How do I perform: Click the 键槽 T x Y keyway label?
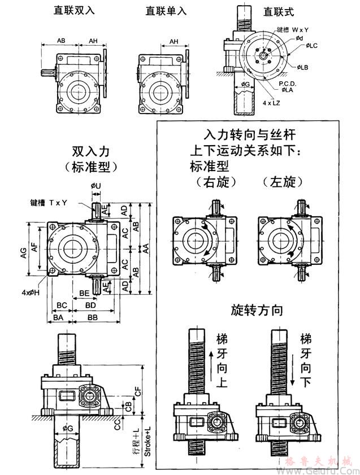pyautogui.click(x=49, y=202)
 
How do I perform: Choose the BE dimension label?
pyautogui.click(x=84, y=294)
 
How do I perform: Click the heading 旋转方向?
pyautogui.click(x=257, y=310)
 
